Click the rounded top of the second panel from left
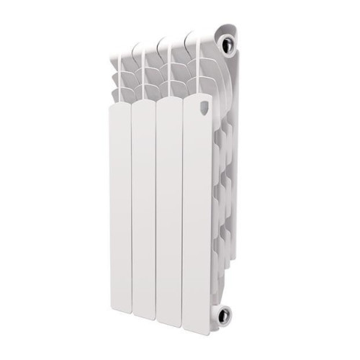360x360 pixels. (144, 107)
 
